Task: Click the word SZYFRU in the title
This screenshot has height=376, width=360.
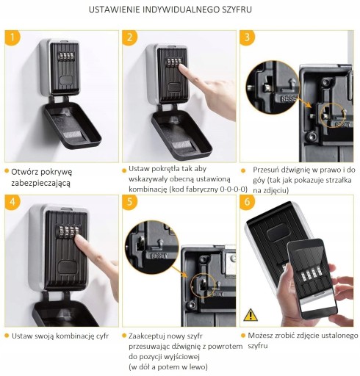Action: (x=237, y=10)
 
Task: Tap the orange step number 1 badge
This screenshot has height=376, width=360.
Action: (x=12, y=37)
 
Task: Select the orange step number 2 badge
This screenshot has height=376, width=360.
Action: (x=129, y=37)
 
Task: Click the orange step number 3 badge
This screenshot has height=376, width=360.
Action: (x=247, y=37)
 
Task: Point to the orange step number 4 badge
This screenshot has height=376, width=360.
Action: (x=12, y=202)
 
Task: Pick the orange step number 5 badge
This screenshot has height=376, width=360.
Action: (x=129, y=202)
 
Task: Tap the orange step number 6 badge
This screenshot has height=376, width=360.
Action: (x=247, y=202)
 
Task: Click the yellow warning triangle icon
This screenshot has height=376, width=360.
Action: (x=251, y=315)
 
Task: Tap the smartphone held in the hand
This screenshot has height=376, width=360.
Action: (x=312, y=279)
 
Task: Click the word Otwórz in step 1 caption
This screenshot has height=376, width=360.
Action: (x=24, y=172)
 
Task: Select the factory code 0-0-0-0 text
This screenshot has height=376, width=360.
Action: (x=234, y=189)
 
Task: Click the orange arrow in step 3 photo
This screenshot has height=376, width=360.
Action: (x=305, y=102)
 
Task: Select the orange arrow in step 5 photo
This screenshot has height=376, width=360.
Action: (x=179, y=272)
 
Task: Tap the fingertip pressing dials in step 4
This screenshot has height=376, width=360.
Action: (x=79, y=240)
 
